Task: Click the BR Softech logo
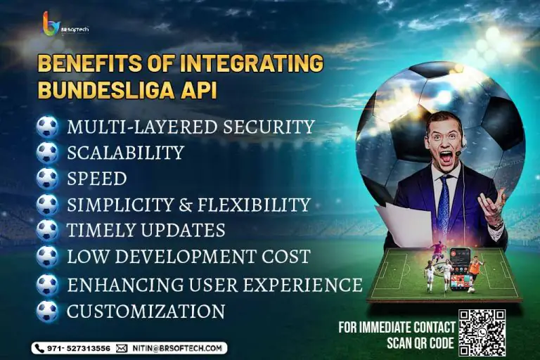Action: (65, 24)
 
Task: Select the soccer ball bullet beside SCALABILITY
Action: (48, 153)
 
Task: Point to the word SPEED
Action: (97, 179)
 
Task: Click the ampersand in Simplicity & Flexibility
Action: (186, 205)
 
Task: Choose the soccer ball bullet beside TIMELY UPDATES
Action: (48, 231)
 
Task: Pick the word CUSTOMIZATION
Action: (146, 311)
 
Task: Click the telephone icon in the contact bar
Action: (39, 348)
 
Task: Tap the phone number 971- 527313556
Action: (79, 348)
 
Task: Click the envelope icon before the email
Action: (122, 348)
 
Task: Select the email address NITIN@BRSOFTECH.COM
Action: (177, 348)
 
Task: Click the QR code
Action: (482, 333)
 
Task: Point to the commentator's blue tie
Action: (444, 200)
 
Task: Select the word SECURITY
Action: (269, 127)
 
